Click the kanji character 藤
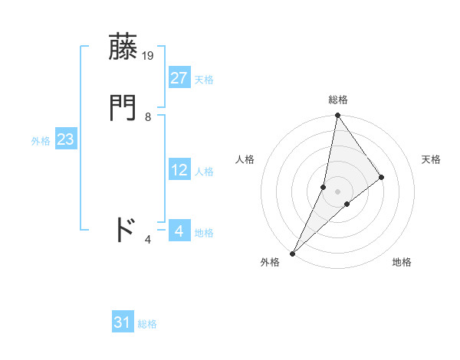click(x=124, y=47)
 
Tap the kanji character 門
click(x=124, y=108)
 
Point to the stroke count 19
click(x=149, y=55)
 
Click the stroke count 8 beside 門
click(x=148, y=117)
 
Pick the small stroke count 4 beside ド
click(x=148, y=240)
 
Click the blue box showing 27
click(x=179, y=77)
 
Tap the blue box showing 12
click(x=179, y=170)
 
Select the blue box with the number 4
click(x=179, y=231)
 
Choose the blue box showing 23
click(x=65, y=139)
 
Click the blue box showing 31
click(x=123, y=322)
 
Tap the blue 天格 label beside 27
click(x=204, y=79)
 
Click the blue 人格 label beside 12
click(x=204, y=172)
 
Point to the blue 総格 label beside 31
click(x=147, y=324)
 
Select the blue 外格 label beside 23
click(x=41, y=141)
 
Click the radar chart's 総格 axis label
click(x=337, y=100)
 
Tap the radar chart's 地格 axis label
click(x=402, y=263)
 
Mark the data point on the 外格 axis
click(x=292, y=253)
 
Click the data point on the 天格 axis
click(x=381, y=177)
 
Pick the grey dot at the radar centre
click(x=337, y=191)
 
